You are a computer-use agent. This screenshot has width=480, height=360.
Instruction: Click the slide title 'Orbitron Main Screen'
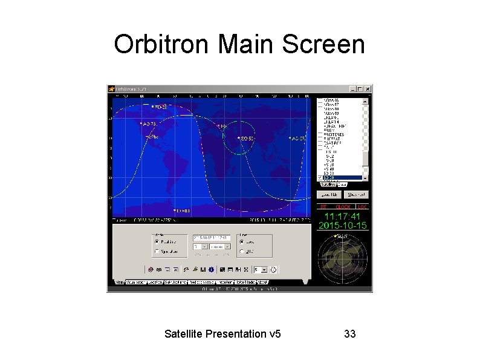[239, 45]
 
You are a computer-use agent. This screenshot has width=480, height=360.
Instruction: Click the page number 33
[350, 333]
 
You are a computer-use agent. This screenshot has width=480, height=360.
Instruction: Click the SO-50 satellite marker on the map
[239, 139]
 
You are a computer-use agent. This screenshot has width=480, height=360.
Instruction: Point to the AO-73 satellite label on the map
[148, 124]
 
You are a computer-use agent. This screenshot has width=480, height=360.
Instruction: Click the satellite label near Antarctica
[181, 211]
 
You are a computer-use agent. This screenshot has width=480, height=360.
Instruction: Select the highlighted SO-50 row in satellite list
[339, 177]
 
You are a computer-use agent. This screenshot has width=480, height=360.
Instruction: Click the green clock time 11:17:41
[343, 216]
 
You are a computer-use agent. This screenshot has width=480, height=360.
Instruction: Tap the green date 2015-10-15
[343, 225]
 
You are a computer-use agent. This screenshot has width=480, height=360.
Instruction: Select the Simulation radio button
[157, 251]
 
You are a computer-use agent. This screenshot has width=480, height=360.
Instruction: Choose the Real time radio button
[157, 240]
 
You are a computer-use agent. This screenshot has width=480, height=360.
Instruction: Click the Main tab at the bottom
[119, 282]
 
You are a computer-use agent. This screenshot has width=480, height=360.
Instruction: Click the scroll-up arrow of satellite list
[365, 100]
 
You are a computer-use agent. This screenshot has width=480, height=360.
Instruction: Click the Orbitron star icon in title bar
[112, 89]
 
